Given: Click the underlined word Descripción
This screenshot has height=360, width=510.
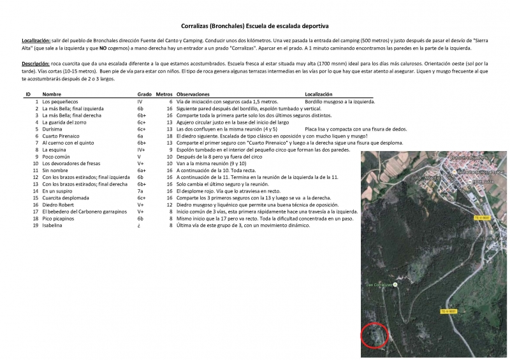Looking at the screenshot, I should (36, 64).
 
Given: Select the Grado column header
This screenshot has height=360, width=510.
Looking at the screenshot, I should (144, 94).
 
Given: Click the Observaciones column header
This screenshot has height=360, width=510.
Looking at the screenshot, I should (196, 94).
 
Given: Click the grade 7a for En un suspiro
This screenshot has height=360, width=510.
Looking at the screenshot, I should (141, 191).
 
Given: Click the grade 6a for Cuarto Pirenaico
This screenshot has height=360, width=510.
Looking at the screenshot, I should (141, 136).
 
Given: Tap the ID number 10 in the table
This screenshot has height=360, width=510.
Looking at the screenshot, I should (36, 163).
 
